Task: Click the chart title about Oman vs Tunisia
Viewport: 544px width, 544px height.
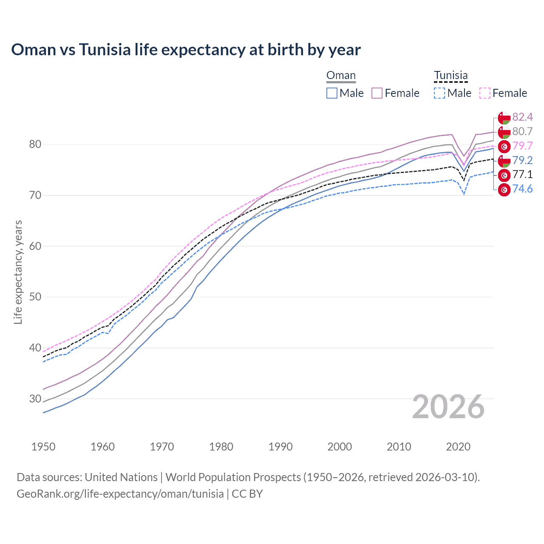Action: [x=186, y=50]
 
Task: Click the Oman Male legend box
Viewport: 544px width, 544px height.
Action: [x=332, y=93]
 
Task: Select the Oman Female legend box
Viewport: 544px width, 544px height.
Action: [x=377, y=93]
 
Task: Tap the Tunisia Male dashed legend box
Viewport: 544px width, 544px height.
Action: [x=439, y=93]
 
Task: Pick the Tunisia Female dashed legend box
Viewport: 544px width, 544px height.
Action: [x=484, y=93]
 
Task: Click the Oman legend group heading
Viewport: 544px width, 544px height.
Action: [x=341, y=76]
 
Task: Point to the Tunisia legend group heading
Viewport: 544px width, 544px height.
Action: [x=450, y=76]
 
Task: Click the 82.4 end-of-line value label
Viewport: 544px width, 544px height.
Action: [x=522, y=117]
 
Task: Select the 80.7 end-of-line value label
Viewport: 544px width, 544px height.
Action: [x=522, y=131]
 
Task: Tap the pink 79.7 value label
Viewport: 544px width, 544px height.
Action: [x=522, y=146]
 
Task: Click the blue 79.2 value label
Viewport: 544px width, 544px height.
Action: [x=522, y=160]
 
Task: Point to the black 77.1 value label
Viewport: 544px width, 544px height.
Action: [x=522, y=175]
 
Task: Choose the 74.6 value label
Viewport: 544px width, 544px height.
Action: [x=522, y=189]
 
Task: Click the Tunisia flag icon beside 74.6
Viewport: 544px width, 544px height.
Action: [x=504, y=190]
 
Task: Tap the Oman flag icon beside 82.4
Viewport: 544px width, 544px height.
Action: [x=504, y=118]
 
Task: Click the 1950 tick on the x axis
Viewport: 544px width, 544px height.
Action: [x=43, y=447]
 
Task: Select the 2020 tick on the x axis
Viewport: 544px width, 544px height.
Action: [x=458, y=447]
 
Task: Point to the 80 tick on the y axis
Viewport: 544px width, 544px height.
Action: [x=35, y=144]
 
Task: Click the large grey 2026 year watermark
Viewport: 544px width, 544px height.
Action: [x=448, y=407]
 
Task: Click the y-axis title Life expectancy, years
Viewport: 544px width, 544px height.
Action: [x=18, y=272]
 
